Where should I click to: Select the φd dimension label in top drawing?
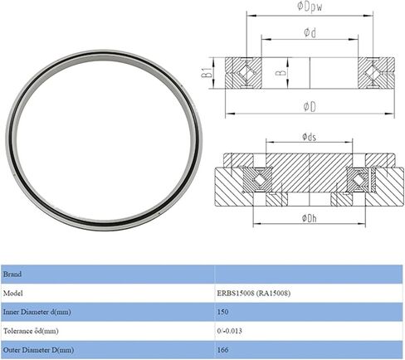point(308,33)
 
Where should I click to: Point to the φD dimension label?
point(308,106)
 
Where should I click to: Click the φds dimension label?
point(308,137)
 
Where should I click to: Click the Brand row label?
point(15,273)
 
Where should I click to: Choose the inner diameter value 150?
point(222,312)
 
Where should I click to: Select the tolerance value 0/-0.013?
point(231,331)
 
